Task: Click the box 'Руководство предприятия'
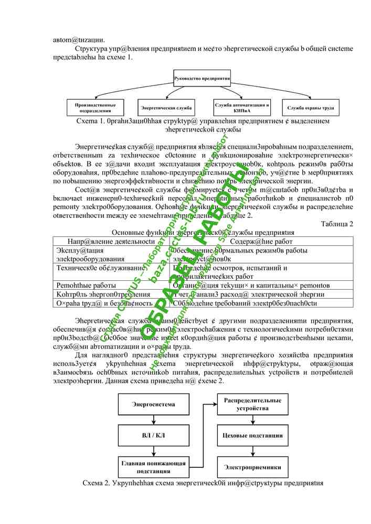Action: (203, 79)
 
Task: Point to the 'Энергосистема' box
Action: (153, 405)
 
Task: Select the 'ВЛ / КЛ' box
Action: (153, 434)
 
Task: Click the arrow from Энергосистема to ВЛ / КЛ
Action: (153, 420)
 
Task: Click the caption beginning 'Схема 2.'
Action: (202, 482)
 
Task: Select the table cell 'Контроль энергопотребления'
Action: (97, 294)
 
